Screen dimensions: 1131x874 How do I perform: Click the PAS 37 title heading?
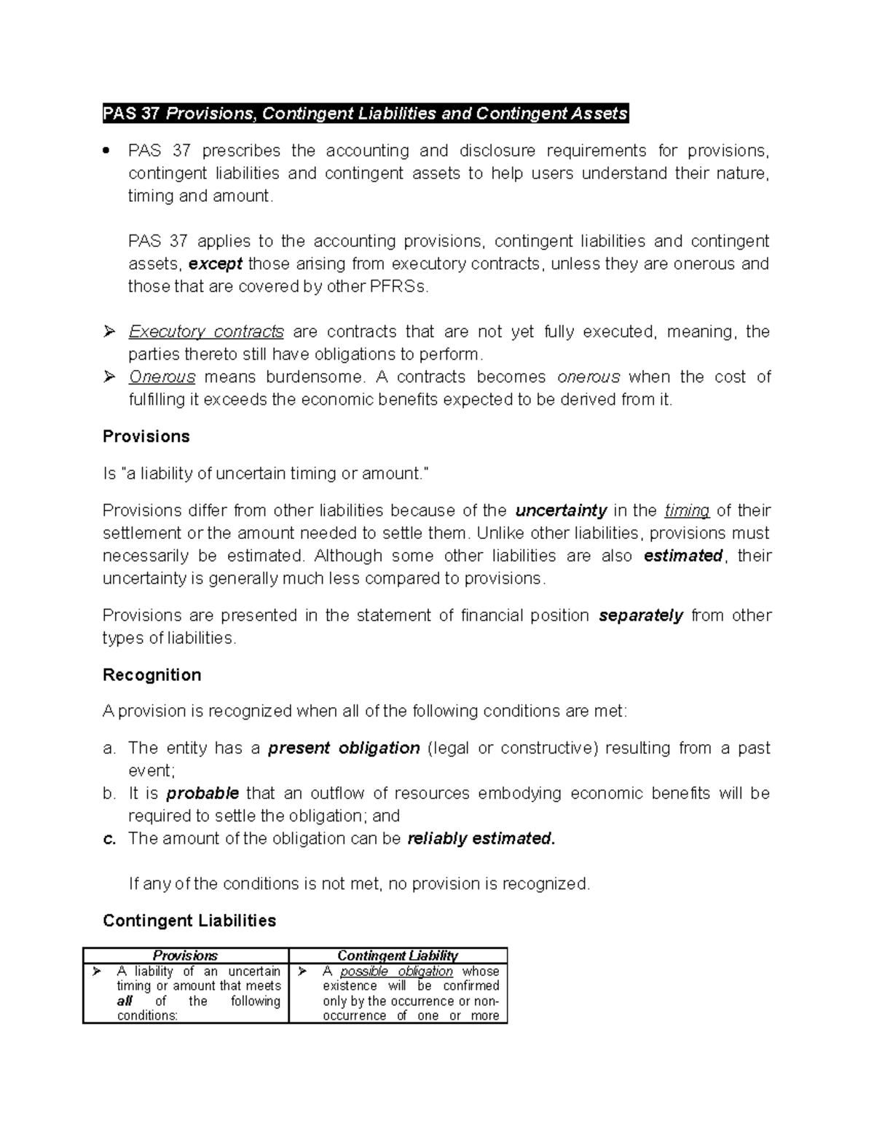(x=365, y=114)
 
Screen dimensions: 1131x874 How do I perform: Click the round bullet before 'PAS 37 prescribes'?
(x=107, y=151)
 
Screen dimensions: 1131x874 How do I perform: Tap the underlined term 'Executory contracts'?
(x=206, y=332)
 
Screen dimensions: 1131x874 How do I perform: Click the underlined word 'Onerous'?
(x=162, y=377)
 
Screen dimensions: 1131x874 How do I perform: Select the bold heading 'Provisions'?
(x=146, y=436)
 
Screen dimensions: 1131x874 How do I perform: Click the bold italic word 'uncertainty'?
(x=561, y=511)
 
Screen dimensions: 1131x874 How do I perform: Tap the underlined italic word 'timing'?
(x=688, y=511)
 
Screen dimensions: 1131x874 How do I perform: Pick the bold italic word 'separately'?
(x=640, y=615)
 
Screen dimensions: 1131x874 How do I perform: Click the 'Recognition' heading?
(x=151, y=675)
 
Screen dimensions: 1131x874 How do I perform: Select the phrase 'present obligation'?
(x=344, y=748)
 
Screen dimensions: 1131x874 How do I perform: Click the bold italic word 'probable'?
(x=202, y=793)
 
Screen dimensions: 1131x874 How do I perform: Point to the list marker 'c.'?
(x=109, y=838)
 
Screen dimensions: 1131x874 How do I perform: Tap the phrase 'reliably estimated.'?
(x=481, y=838)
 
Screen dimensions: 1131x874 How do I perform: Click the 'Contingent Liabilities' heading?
(x=189, y=921)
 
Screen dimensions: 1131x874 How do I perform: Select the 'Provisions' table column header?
(x=185, y=955)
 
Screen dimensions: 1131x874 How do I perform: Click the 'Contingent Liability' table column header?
(x=398, y=955)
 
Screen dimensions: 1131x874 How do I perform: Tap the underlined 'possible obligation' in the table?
(x=396, y=972)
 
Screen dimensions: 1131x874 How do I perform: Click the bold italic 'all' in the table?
(x=124, y=1001)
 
